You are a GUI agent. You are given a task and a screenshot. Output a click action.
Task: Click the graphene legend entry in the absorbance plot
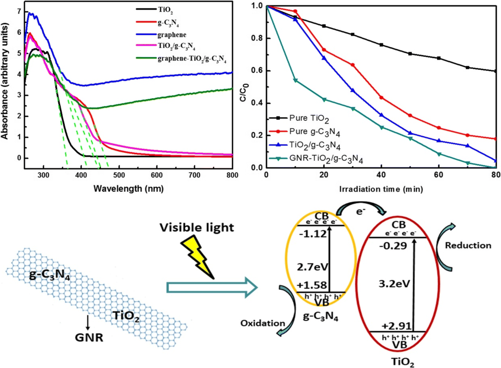172,35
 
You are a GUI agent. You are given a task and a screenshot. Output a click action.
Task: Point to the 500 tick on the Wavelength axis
119,175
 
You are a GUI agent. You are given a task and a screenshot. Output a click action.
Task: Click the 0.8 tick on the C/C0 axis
257,38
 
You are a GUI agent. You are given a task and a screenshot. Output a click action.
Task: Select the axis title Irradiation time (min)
381,189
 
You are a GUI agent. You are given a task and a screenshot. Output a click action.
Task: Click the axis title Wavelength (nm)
128,189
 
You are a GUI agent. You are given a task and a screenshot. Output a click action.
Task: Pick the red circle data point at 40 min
381,98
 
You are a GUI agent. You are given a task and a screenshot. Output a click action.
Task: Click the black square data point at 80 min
495,71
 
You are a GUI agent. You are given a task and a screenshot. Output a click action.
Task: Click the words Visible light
197,228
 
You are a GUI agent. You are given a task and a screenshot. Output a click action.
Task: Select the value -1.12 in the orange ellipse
313,234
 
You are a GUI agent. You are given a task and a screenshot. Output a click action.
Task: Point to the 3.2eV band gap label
394,284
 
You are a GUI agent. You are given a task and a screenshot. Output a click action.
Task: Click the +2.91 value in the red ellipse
396,326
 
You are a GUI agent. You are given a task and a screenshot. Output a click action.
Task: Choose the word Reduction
468,245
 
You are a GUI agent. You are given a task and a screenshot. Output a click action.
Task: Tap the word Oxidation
262,323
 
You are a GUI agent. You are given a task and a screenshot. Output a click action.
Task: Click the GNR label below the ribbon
89,338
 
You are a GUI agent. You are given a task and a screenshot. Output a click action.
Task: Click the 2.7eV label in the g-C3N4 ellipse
312,267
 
